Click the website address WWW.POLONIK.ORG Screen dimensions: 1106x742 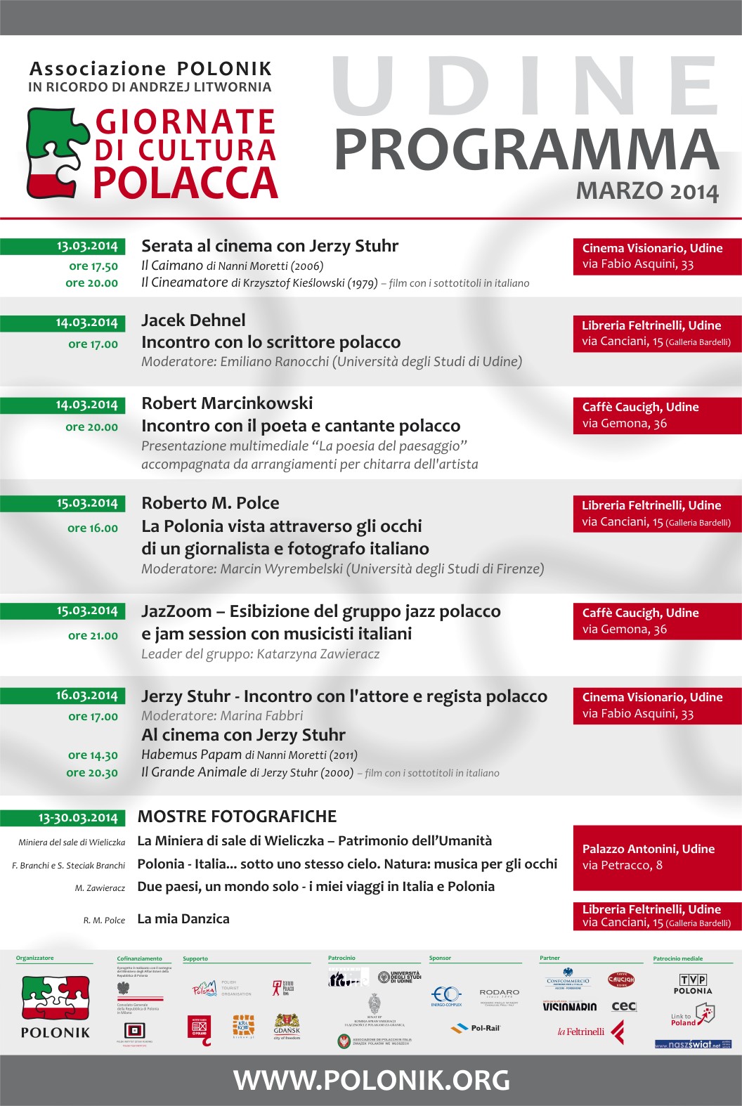tap(372, 1080)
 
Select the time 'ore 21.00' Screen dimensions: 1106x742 tap(93, 635)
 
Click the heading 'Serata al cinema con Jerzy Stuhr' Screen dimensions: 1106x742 tap(270, 246)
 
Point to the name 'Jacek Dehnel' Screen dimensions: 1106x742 tap(193, 320)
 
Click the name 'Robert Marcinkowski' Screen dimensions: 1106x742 tap(227, 403)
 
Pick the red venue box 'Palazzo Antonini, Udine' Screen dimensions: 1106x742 tap(657, 857)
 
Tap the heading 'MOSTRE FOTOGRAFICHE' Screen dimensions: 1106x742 tap(237, 817)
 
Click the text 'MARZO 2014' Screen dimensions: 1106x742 tap(647, 191)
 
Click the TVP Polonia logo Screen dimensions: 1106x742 tap(693, 984)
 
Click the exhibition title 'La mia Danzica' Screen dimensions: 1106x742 tap(183, 919)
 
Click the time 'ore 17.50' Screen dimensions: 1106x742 tap(93, 266)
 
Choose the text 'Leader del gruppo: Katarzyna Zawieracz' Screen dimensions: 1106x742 tap(260, 654)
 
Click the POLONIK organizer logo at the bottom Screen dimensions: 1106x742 tap(56, 1006)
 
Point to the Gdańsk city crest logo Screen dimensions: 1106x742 tap(287, 1025)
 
